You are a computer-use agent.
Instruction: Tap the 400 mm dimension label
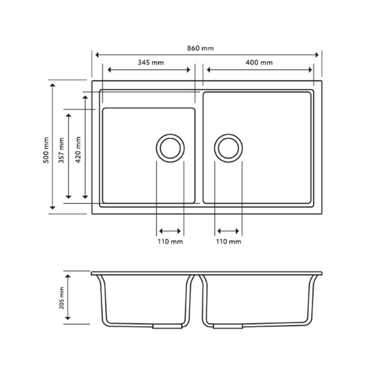tap(259, 63)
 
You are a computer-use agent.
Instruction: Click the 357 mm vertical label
tap(61, 150)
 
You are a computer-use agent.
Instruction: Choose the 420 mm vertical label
tap(78, 150)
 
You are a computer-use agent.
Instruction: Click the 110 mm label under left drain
tap(170, 242)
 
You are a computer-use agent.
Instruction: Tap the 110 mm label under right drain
tap(229, 242)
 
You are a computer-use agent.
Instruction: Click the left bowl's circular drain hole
tap(170, 147)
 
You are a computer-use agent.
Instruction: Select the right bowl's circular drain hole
tap(229, 147)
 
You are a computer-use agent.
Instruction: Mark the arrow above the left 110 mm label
tap(170, 231)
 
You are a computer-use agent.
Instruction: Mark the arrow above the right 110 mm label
tap(229, 231)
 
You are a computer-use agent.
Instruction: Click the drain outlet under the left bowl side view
tap(167, 326)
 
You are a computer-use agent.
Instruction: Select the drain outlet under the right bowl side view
tap(228, 326)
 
